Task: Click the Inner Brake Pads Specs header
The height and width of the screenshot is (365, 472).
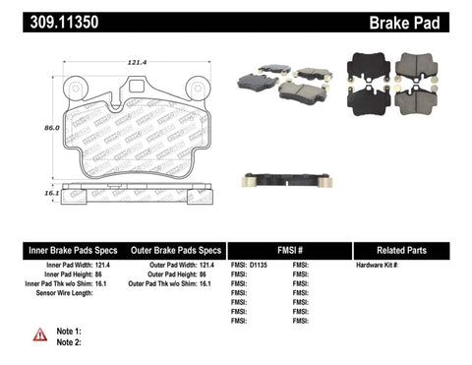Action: tap(58, 249)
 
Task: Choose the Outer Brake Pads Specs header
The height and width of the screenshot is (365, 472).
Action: tap(171, 249)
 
